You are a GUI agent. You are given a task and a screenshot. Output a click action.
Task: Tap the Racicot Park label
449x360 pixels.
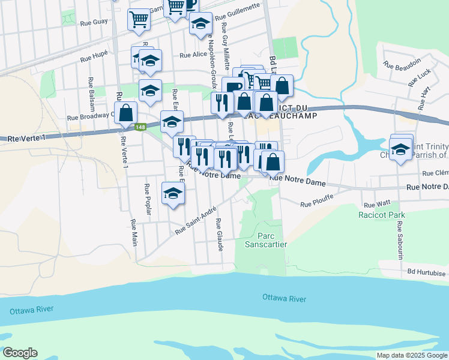[x=381, y=215]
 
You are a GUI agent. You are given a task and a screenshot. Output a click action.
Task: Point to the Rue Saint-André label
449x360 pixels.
[x=196, y=221]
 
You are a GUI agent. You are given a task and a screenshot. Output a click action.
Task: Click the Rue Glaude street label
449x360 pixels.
[x=220, y=236]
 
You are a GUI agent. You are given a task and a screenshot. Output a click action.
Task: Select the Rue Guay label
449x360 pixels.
[x=93, y=22]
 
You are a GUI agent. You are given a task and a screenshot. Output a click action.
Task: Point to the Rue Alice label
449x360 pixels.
[x=193, y=55]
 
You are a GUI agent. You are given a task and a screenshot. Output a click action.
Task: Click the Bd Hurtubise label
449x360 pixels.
[x=427, y=271]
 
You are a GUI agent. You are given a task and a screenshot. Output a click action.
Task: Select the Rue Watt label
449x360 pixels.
[x=381, y=204]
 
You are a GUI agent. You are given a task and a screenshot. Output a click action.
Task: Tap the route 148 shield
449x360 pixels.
[x=140, y=127]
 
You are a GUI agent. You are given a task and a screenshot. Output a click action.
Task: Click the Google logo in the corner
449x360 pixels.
[x=20, y=353]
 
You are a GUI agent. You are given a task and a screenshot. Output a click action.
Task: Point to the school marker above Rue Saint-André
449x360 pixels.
[x=173, y=193]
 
